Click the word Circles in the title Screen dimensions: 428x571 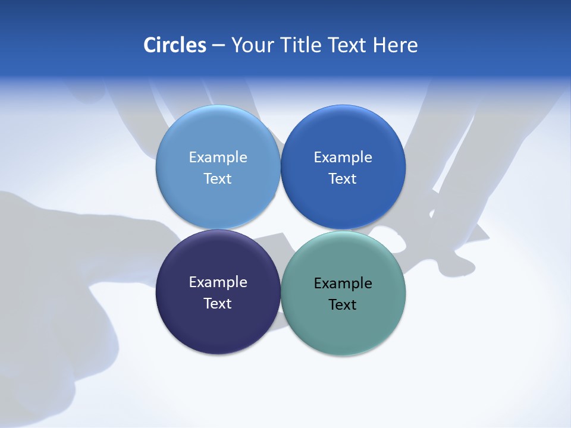pos(174,45)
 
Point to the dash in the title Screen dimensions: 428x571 pos(218,46)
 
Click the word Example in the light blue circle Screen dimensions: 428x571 pos(218,158)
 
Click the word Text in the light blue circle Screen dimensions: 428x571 pos(218,179)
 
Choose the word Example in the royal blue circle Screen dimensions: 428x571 pos(343,158)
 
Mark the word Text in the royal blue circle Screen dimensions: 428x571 pos(343,179)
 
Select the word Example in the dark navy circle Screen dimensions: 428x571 pos(218,282)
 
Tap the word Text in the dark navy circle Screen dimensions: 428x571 pos(218,304)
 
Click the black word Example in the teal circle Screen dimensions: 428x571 pos(343,284)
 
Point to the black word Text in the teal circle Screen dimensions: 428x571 pos(343,305)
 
